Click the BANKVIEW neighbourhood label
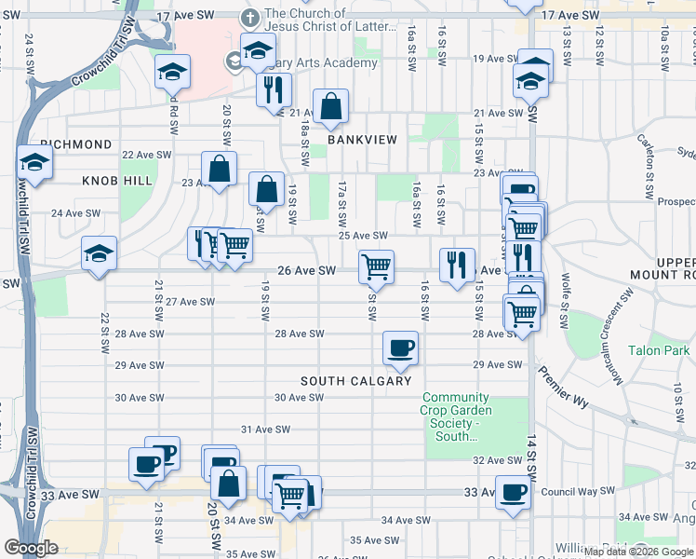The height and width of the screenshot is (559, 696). coord(362,140)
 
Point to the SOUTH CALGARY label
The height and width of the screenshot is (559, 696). coord(355,381)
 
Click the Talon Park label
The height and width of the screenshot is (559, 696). coord(659,350)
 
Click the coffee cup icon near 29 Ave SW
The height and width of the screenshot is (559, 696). coord(400,348)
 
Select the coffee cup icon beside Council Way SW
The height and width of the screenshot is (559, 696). coord(512,492)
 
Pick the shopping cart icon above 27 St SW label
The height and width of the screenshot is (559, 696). coord(376,266)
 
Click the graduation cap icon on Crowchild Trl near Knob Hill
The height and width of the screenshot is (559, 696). coord(33,162)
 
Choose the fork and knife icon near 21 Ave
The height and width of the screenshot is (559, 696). coord(274,89)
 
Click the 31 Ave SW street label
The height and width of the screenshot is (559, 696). coord(266,429)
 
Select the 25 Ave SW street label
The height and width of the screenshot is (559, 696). coord(362,236)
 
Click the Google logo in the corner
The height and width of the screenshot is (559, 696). coord(31,548)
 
